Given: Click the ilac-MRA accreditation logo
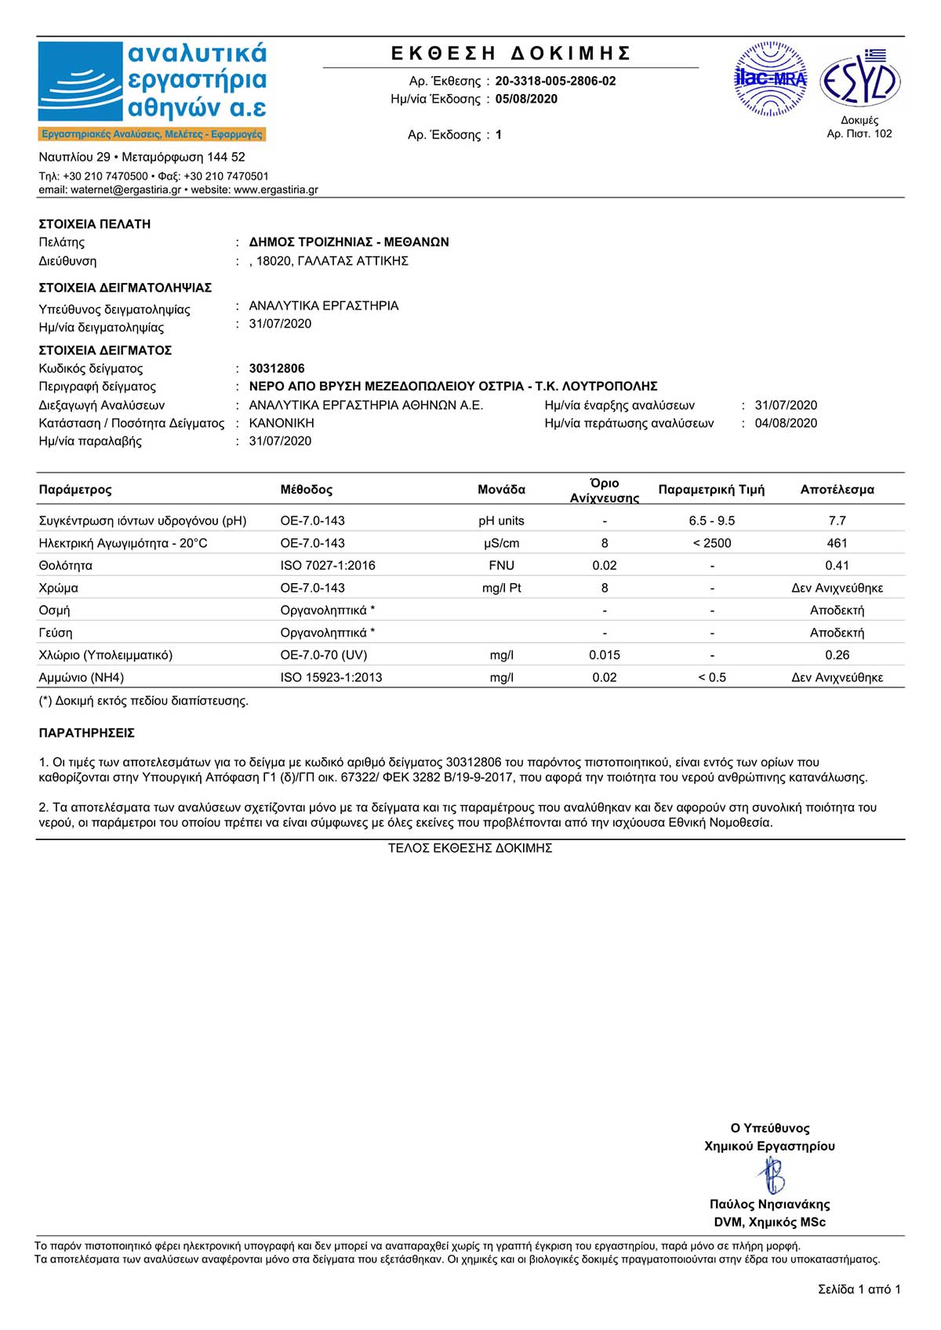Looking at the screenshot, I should point(770,79).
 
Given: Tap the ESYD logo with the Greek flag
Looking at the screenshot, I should point(859,79).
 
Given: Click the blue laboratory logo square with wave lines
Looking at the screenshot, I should point(81,82).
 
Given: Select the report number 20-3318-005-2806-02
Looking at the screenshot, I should point(555,81).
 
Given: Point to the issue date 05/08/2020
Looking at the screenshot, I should point(526,99).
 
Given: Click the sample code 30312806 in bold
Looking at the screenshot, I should point(277,368).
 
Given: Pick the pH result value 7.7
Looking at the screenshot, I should point(837,520).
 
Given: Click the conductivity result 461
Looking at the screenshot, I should point(837,543).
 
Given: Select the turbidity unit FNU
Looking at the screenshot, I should point(501,565).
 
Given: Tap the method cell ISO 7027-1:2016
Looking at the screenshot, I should point(328,565).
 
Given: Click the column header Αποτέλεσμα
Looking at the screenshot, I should point(837,489).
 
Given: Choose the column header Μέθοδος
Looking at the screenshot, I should point(307,489).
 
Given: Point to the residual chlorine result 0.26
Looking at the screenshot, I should point(837,655).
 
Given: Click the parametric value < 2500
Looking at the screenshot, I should point(712,543).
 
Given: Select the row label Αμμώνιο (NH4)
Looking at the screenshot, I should point(82,677).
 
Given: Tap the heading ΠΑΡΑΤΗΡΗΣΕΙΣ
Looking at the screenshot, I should point(87,733).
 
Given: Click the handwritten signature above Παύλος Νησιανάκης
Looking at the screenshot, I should point(771,1175).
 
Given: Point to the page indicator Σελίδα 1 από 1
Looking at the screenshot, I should point(859,1289).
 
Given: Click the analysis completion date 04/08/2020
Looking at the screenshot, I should point(786,423).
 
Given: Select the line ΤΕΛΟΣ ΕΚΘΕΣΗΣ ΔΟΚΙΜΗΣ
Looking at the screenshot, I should point(470,848).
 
